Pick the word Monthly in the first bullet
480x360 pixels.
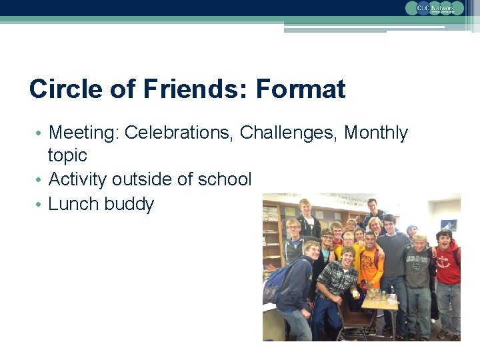coord(375,133)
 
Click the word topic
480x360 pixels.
coord(67,155)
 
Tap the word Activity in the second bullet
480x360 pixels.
coord(78,179)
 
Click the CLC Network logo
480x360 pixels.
coord(434,8)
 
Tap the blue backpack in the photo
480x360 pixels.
coord(276,283)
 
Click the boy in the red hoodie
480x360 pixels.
coord(448,263)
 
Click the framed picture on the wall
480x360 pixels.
coord(448,225)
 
